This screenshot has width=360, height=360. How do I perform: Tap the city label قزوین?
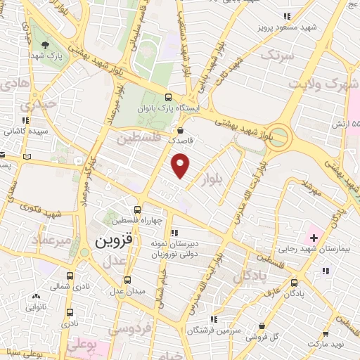click(112, 241)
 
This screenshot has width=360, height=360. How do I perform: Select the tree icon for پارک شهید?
click(46, 44)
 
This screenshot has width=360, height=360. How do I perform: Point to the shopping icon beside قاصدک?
click(181, 130)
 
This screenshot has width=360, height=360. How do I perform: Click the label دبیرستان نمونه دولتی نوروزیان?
click(179, 247)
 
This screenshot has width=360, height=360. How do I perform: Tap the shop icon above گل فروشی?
click(262, 326)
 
